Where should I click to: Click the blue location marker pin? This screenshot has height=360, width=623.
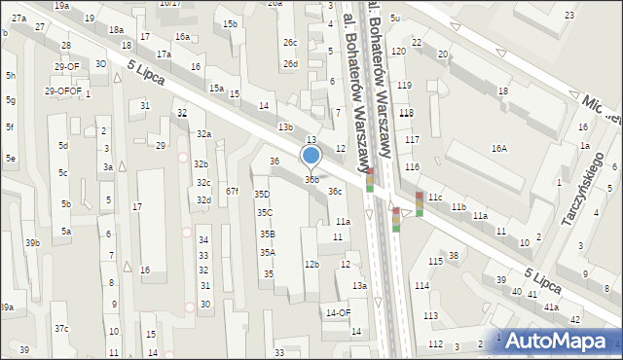pyautogui.click(x=311, y=156)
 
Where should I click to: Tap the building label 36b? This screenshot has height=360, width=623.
pyautogui.click(x=311, y=179)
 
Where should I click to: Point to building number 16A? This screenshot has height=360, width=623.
pyautogui.click(x=499, y=149)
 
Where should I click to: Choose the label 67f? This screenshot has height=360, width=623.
pyautogui.click(x=232, y=192)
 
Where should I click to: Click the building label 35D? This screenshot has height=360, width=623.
pyautogui.click(x=262, y=195)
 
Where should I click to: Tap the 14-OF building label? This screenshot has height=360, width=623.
pyautogui.click(x=338, y=312)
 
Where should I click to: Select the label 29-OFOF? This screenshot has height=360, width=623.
pyautogui.click(x=62, y=90)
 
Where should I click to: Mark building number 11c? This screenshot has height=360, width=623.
pyautogui.click(x=434, y=198)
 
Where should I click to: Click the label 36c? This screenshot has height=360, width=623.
pyautogui.click(x=335, y=192)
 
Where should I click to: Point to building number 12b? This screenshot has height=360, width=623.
pyautogui.click(x=311, y=264)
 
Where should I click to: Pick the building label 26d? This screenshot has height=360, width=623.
pyautogui.click(x=290, y=63)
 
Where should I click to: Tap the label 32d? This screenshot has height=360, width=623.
pyautogui.click(x=203, y=200)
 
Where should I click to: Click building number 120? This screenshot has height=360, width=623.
pyautogui.click(x=398, y=51)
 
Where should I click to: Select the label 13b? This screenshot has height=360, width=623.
pyautogui.click(x=284, y=127)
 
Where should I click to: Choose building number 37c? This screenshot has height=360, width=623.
pyautogui.click(x=61, y=329)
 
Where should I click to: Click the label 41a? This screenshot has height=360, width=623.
pyautogui.click(x=551, y=306)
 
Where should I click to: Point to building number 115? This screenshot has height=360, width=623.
pyautogui.click(x=435, y=262)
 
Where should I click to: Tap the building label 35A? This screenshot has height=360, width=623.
pyautogui.click(x=267, y=253)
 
